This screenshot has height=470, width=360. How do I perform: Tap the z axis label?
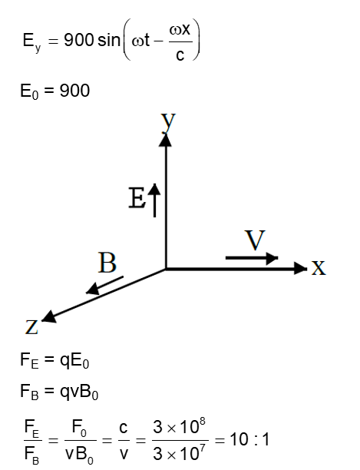pos(31,329)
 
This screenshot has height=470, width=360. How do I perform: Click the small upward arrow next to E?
pos(155,200)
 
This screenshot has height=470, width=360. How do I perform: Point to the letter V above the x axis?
pos(255,240)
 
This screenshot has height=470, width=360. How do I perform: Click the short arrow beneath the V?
pos(253,259)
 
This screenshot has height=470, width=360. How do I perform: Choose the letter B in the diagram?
pos(107,264)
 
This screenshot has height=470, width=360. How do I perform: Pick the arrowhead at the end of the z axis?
pos(48,316)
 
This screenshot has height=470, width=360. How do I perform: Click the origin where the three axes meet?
pos(166,268)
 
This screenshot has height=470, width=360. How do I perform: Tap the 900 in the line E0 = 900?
pos(75,91)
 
